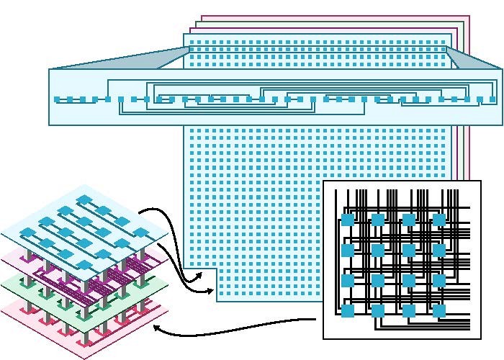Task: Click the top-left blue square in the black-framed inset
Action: pyautogui.click(x=347, y=219)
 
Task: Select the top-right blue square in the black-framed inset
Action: pyautogui.click(x=438, y=219)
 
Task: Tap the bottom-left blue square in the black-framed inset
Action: pyautogui.click(x=347, y=310)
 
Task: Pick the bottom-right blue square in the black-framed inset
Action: pyautogui.click(x=438, y=310)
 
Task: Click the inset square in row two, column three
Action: pyautogui.click(x=408, y=250)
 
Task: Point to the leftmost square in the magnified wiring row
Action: pyautogui.click(x=58, y=99)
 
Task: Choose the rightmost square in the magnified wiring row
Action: pyautogui.click(x=492, y=99)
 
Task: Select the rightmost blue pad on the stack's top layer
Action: pyautogui.click(x=143, y=232)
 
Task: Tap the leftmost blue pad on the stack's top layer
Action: pyautogui.click(x=25, y=232)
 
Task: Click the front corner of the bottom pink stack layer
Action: pyautogui.click(x=86, y=358)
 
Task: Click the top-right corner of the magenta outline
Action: pyautogui.click(x=469, y=16)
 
